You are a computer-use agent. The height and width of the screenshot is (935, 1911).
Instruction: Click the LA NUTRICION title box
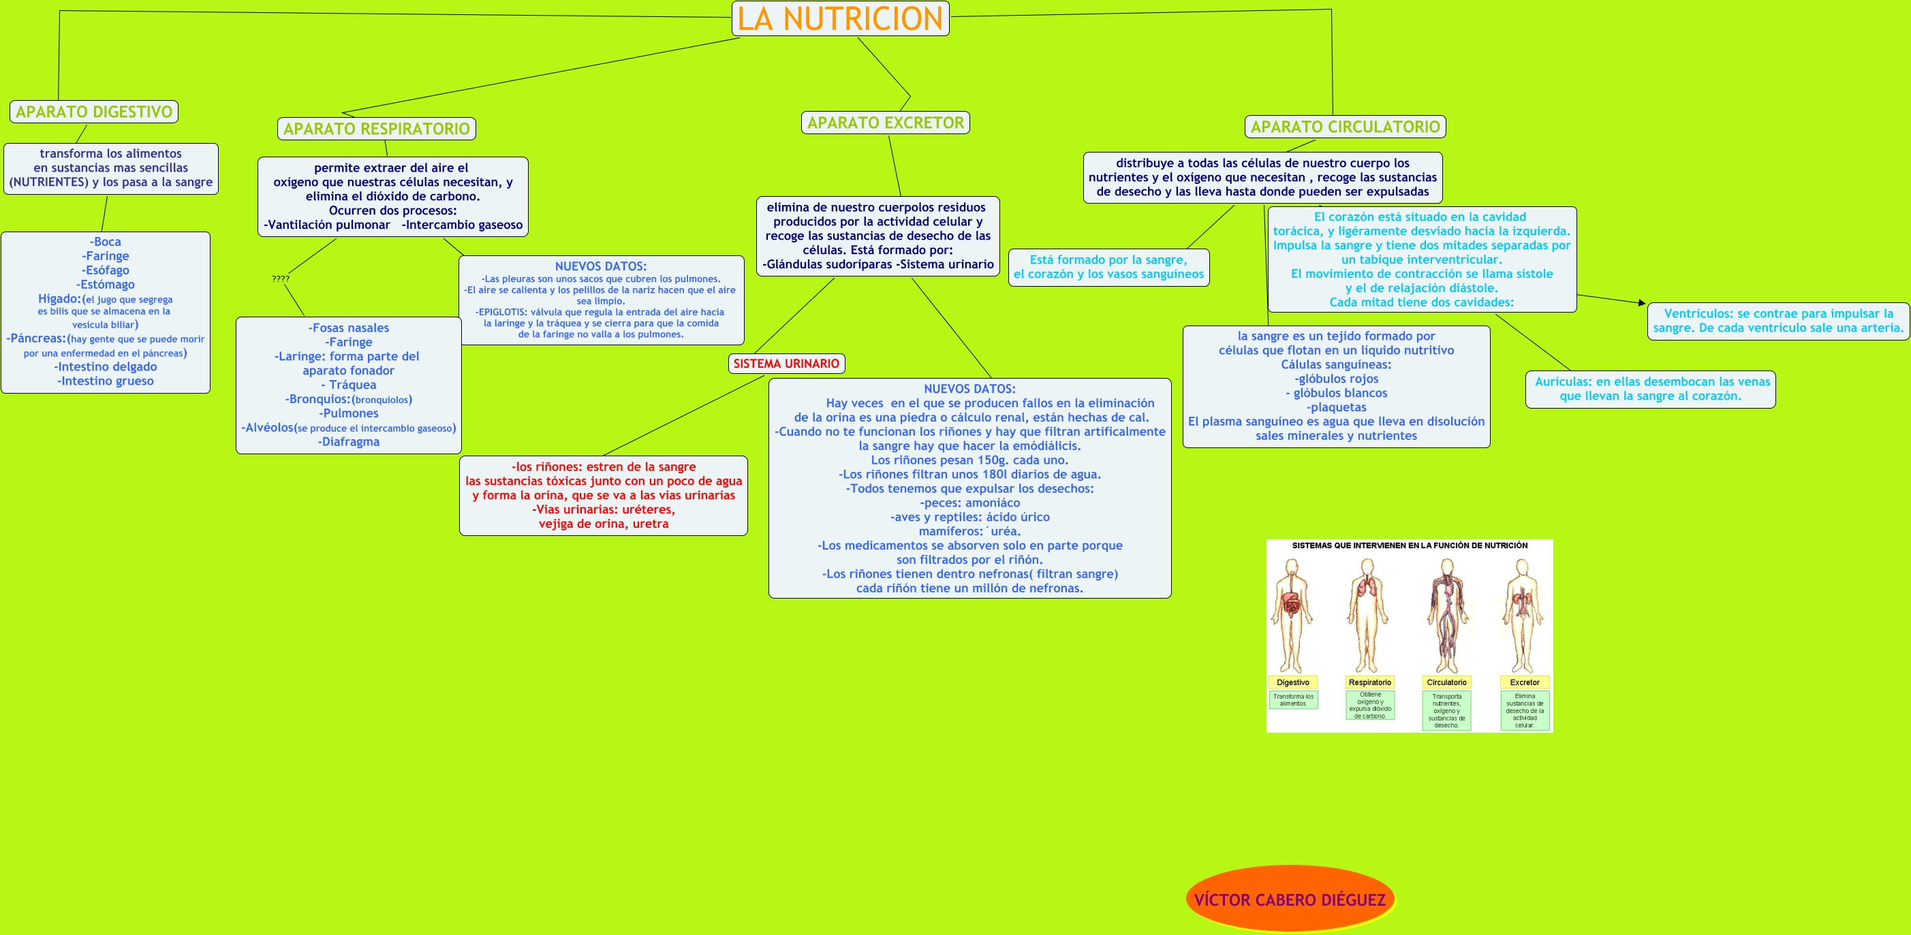[840, 18]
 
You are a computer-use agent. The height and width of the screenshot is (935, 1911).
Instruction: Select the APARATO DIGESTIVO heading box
[93, 112]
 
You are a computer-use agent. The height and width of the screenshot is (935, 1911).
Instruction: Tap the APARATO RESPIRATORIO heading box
[376, 129]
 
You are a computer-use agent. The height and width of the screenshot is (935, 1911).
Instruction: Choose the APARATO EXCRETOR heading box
[885, 123]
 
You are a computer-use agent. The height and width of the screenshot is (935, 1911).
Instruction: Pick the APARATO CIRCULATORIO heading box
[1344, 127]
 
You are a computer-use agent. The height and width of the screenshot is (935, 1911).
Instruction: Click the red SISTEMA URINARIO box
[786, 364]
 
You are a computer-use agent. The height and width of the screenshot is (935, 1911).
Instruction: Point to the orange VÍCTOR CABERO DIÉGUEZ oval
[1290, 900]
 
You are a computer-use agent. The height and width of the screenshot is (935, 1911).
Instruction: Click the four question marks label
[281, 279]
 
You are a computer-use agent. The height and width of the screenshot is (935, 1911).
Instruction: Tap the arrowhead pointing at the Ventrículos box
[1641, 302]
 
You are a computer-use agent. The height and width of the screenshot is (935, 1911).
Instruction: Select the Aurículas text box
[1651, 389]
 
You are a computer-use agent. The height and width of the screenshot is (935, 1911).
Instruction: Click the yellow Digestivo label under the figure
[1293, 682]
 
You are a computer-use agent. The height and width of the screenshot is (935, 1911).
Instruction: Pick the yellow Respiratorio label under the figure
[1369, 682]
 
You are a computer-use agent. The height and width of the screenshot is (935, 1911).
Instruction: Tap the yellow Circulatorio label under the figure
[1446, 682]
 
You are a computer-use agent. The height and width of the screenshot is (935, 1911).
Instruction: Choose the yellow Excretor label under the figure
[1525, 682]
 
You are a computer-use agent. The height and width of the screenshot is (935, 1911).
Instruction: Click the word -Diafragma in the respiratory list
[349, 442]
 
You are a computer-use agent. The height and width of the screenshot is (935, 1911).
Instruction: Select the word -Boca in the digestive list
[106, 242]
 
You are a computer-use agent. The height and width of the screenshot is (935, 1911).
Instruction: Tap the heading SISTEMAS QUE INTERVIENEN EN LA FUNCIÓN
[1410, 545]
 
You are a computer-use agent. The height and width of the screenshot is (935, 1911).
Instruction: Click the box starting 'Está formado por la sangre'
[1108, 267]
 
